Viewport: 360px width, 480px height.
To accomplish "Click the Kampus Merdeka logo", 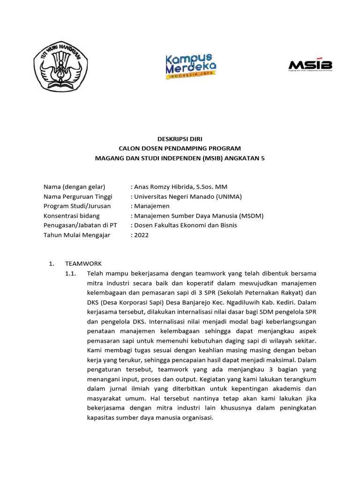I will click(x=190, y=66).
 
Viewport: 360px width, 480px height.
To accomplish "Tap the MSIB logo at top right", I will click(x=310, y=65).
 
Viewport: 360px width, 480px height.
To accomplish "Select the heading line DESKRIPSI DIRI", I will click(x=180, y=139).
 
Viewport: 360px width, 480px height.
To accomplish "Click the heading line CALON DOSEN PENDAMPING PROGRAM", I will click(x=180, y=149).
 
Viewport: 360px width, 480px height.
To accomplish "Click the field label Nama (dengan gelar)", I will click(x=74, y=187).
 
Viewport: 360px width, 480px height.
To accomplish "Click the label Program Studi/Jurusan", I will click(x=77, y=206).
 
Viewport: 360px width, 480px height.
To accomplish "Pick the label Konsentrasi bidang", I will click(x=72, y=216).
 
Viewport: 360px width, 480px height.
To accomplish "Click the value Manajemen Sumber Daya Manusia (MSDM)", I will click(x=199, y=216).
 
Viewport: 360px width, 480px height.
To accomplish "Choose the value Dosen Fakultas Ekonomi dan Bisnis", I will click(x=186, y=225).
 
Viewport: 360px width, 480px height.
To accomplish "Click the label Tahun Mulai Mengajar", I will click(x=77, y=235).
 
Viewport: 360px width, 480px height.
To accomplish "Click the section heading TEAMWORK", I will click(x=83, y=263).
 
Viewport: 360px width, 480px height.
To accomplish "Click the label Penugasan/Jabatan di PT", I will click(x=80, y=225).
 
